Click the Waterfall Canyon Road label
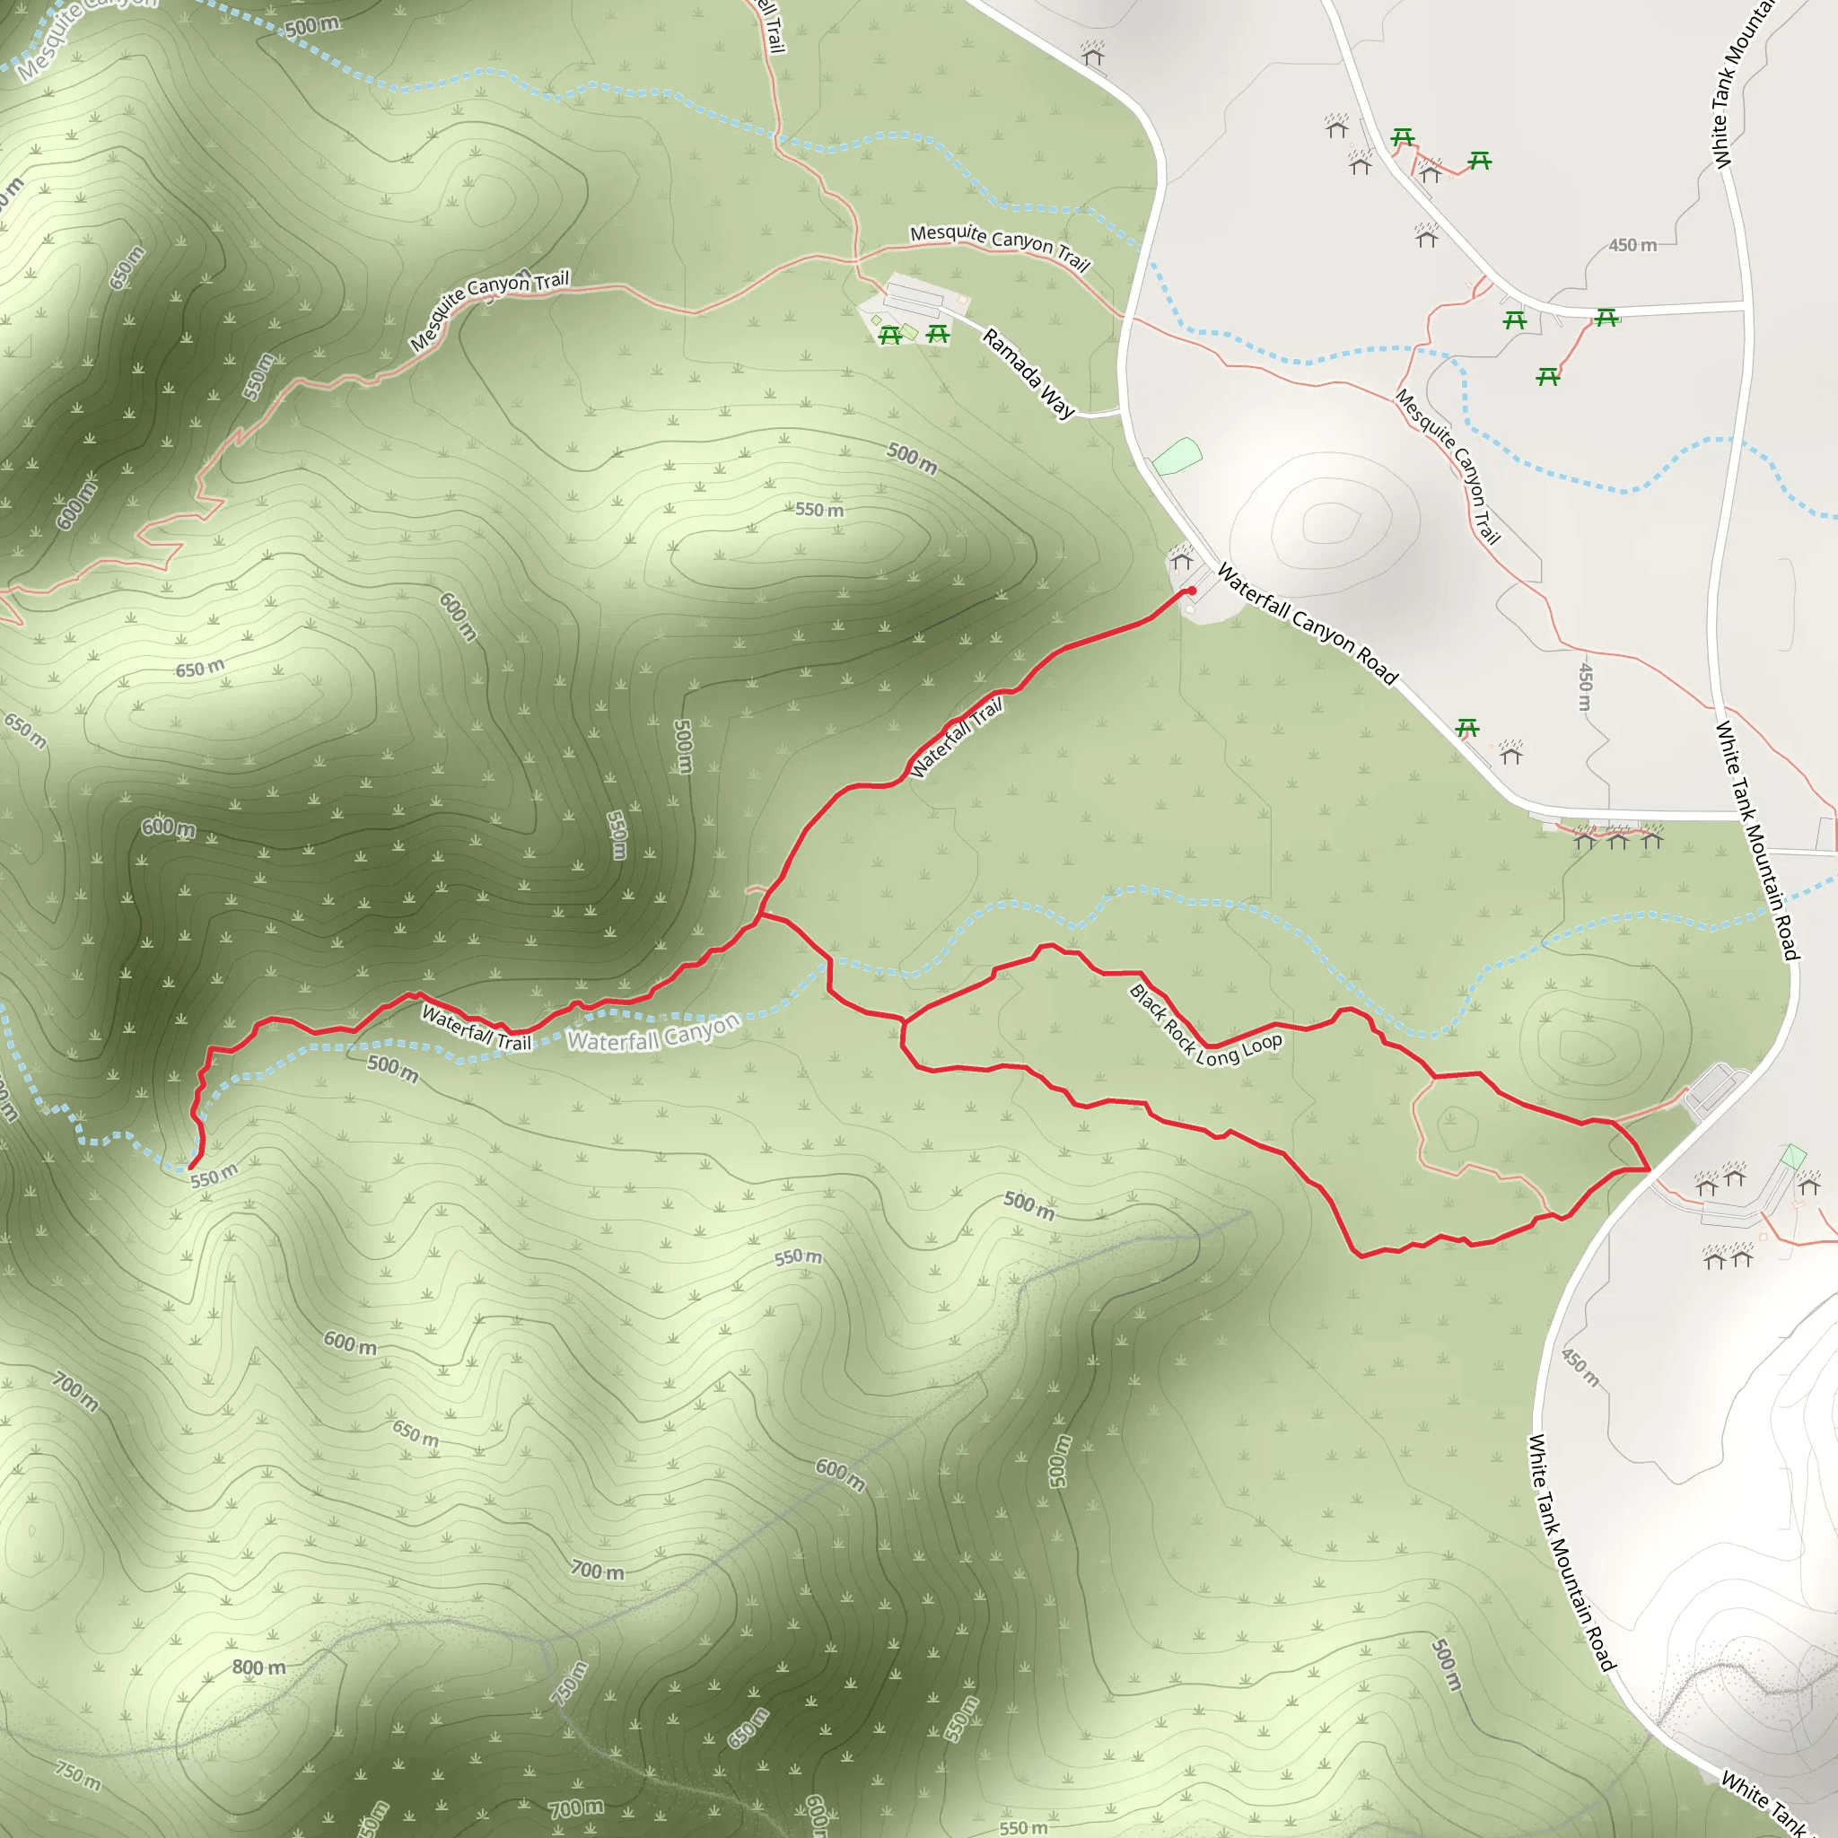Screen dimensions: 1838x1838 (1307, 624)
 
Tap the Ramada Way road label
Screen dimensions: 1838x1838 (1028, 373)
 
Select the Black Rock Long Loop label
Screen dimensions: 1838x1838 (1205, 1027)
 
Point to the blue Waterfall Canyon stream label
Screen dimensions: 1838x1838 (653, 1032)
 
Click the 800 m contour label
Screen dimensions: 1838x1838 (258, 1667)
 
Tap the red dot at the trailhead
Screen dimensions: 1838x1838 (1191, 591)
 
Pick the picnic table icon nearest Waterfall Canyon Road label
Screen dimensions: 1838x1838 (1467, 729)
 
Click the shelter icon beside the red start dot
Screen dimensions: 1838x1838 (1182, 558)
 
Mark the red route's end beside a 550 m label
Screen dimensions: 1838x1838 (191, 1167)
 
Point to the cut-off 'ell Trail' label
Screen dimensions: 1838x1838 (773, 27)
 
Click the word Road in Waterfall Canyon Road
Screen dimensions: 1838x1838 (1377, 666)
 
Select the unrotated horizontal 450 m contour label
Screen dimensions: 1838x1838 (1632, 245)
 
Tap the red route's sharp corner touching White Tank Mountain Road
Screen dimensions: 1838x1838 (1648, 1168)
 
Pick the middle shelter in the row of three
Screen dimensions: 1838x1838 (1618, 838)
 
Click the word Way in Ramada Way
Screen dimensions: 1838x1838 (1058, 402)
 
